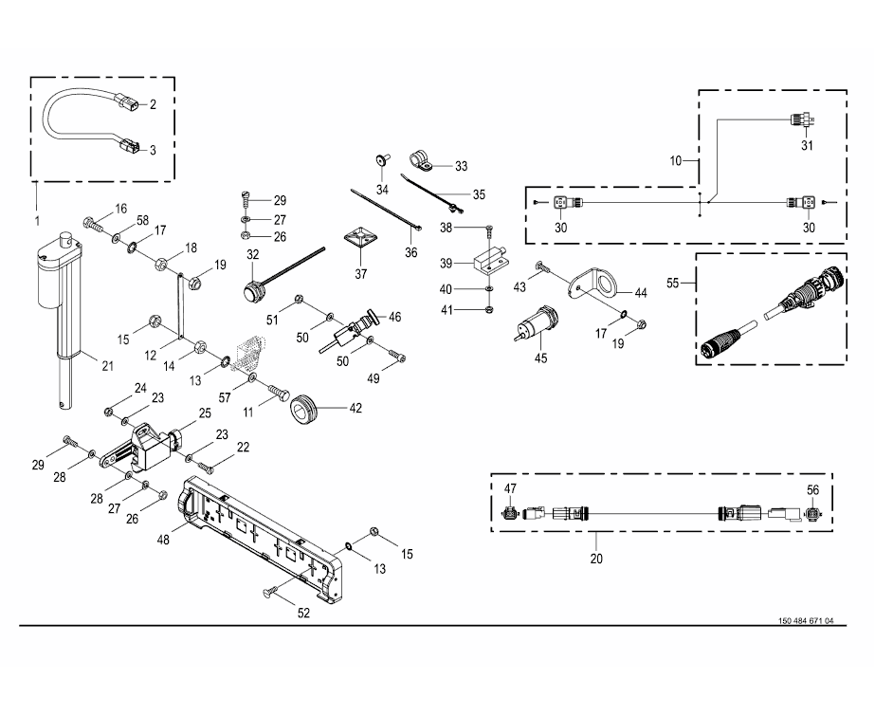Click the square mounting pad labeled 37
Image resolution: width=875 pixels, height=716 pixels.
pos(358,241)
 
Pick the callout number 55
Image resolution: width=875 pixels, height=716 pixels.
pos(674,284)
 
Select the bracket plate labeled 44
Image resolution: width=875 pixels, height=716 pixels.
pos(595,283)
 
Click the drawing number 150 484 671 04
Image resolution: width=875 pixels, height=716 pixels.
pos(805,621)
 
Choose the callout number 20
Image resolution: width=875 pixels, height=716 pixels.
pos(595,560)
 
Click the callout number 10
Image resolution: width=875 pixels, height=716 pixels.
pos(676,161)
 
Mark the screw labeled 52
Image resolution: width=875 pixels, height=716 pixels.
pos(270,593)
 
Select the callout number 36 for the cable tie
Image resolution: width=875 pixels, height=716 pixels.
pos(410,252)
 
